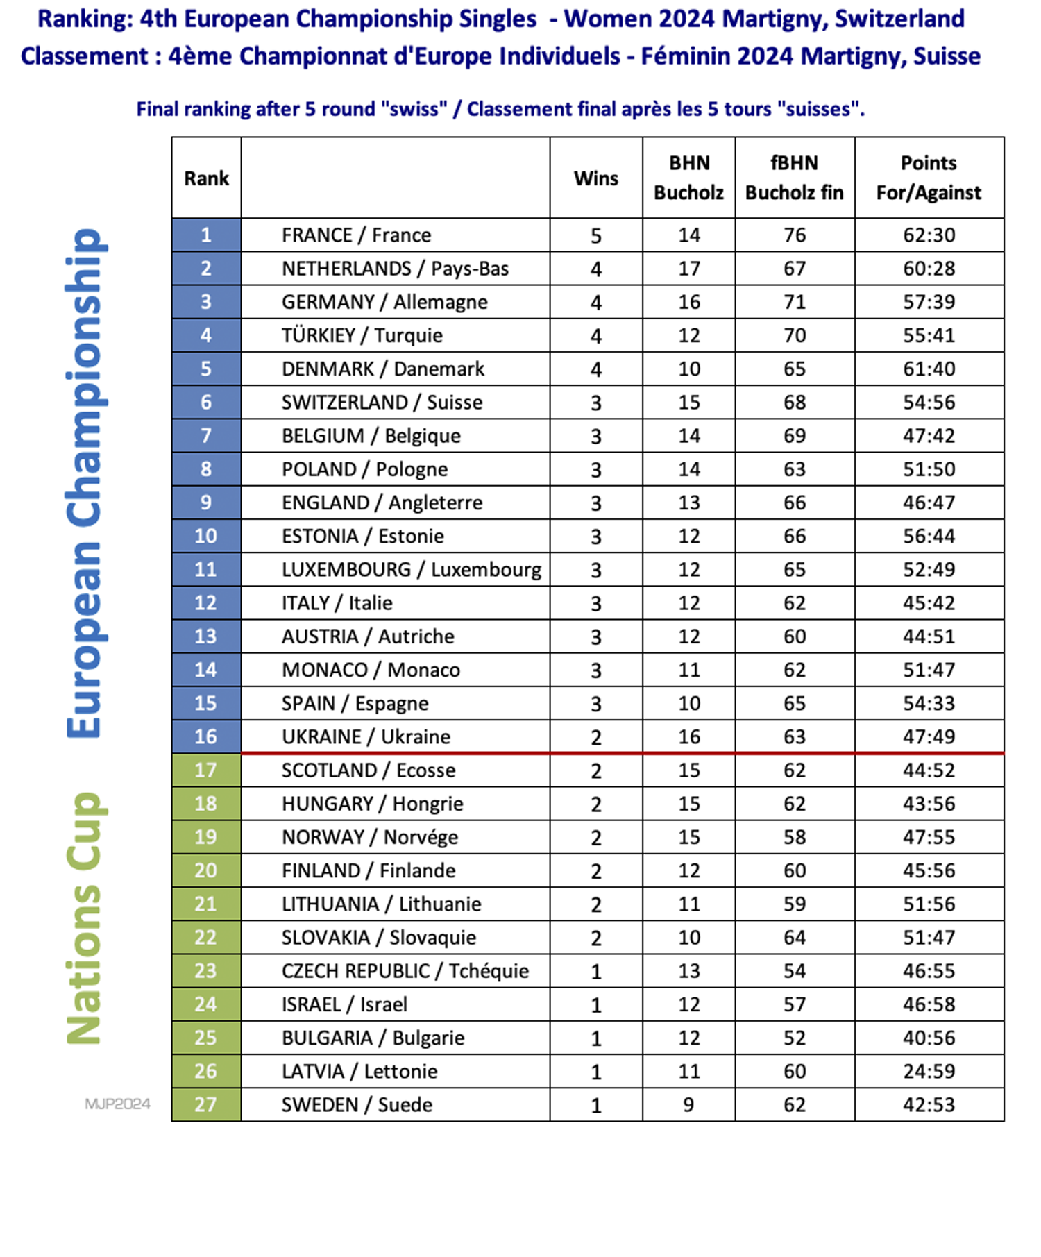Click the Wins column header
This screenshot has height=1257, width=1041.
(595, 178)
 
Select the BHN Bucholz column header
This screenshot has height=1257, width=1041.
(688, 178)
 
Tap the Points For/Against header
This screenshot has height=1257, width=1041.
(929, 178)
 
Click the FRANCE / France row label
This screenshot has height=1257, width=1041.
(356, 235)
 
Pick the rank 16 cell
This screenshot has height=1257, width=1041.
(206, 736)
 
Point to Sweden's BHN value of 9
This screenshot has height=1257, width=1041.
(688, 1104)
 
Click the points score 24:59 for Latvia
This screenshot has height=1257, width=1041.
(929, 1071)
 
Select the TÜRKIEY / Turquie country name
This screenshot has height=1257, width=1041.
(362, 335)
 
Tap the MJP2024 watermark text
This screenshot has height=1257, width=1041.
(117, 1104)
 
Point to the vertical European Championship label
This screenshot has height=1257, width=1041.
(85, 483)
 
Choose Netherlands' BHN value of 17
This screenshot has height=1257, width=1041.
(688, 269)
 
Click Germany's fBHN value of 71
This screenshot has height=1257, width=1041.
(795, 302)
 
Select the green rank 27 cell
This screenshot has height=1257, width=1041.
(206, 1104)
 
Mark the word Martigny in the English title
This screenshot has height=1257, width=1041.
(759, 19)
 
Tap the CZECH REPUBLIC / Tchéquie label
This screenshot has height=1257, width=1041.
(405, 971)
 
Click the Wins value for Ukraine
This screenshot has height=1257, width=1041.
(595, 737)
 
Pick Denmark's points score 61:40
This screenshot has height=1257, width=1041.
(929, 369)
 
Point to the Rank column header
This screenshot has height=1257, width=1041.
(206, 178)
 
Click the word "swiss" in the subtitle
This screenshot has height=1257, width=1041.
(414, 109)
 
